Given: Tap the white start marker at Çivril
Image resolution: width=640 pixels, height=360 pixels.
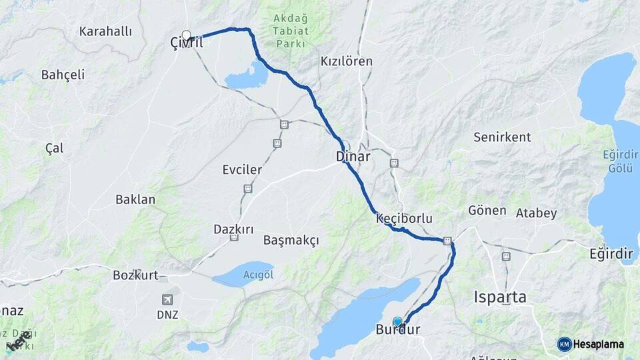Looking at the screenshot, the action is pos(187,35).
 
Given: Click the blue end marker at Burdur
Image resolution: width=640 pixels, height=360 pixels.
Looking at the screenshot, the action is pos(398,322).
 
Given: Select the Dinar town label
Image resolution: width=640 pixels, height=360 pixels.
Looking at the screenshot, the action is pos(353,155).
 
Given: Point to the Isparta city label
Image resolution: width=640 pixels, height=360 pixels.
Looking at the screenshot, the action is pos(500,297).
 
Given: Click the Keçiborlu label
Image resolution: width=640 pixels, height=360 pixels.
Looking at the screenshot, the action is pos(405,218).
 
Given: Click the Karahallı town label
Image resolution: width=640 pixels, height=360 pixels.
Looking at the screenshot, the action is pos(105,31).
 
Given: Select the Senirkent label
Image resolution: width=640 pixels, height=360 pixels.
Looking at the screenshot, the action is pos(502,137).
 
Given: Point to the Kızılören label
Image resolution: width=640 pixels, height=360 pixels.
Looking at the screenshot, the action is pos(347,61).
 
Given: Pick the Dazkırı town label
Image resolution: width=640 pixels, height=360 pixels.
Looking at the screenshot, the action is pos(233,229).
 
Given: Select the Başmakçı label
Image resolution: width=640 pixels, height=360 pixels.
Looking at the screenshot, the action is pos(291,239).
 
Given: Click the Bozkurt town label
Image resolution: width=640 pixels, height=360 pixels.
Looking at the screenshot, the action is pos(135,274).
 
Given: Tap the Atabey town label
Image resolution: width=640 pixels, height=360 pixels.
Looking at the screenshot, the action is pos(536,213).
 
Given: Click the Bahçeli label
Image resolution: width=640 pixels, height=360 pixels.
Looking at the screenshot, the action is pos(63,74).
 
